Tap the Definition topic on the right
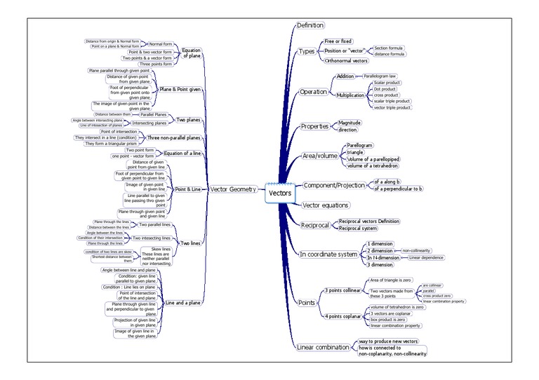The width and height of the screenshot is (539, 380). [310, 25]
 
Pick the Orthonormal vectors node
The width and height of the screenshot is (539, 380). [346, 61]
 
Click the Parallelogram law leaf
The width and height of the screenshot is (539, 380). [380, 76]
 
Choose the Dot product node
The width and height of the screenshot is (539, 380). [385, 89]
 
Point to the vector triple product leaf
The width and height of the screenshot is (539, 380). [392, 107]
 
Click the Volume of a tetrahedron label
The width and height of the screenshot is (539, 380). [374, 165]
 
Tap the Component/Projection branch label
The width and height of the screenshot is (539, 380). [334, 185]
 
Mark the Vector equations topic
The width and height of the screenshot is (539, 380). [325, 205]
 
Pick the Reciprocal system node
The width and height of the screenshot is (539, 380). [358, 228]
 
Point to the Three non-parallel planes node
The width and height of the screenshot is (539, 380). [175, 138]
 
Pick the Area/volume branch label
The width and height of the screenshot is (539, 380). [320, 156]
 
